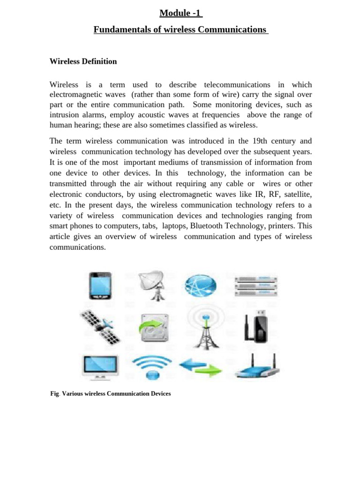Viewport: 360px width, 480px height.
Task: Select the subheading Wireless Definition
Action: point(83,61)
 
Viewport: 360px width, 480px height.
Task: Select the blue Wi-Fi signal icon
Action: point(152,366)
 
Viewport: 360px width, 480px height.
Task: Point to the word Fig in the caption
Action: point(54,394)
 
